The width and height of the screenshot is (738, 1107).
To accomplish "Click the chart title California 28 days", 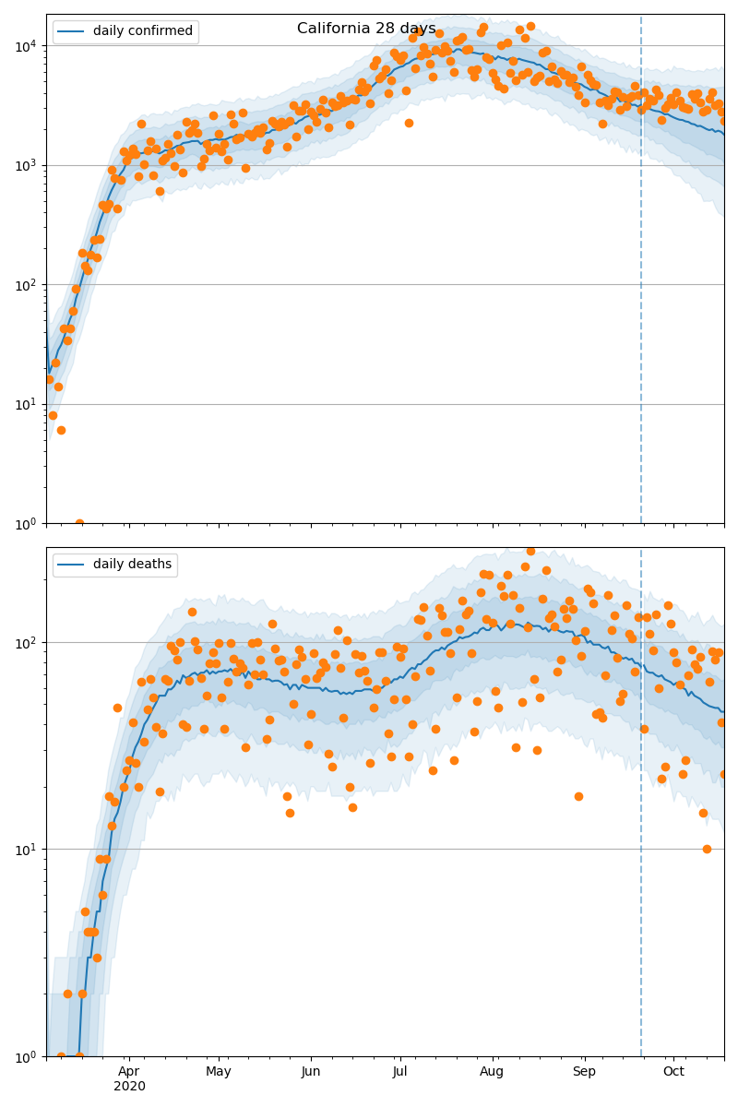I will pos(366,29).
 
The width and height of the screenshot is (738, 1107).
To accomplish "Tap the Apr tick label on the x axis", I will pos(129,1071).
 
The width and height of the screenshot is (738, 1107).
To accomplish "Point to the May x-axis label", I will pos(219,1071).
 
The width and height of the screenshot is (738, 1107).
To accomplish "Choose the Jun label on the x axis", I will pos(311,1071).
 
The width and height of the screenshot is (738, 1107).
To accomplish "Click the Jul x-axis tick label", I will pos(400,1071).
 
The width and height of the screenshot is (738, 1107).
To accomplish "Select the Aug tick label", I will pos(493,1071).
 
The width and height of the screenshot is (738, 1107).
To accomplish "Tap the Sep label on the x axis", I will pos(584,1071).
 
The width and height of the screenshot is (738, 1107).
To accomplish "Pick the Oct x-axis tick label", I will pos(673,1071).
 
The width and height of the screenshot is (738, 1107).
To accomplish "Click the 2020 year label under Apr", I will pos(129,1087).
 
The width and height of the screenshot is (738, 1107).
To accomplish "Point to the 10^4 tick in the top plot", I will pos(28,45).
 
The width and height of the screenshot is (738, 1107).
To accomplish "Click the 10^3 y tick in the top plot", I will pos(28,165).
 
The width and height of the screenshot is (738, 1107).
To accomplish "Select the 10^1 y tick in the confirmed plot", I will pos(28,404).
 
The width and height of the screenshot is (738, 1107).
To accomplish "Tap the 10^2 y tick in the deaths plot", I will pos(28,642).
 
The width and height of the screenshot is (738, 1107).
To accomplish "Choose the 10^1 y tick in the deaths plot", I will pos(28,849).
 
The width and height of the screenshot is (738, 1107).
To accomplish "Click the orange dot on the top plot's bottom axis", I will pos(79,523).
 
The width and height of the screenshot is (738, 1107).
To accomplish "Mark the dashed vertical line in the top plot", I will pos(641,277).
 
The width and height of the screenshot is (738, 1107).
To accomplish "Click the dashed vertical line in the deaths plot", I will pos(641,830).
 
